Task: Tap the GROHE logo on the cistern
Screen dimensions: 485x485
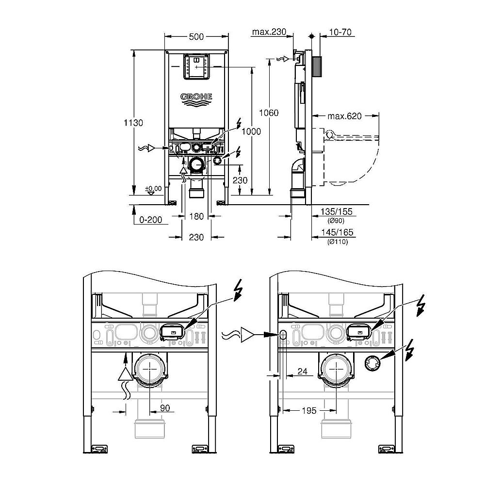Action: pyautogui.click(x=196, y=97)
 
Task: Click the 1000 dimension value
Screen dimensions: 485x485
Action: pyautogui.click(x=252, y=131)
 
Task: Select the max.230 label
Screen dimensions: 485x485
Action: pyautogui.click(x=269, y=32)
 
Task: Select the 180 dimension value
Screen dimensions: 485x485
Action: pyautogui.click(x=196, y=217)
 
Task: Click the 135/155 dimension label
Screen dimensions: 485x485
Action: pyautogui.click(x=337, y=211)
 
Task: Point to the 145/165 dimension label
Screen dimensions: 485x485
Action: pyautogui.click(x=337, y=233)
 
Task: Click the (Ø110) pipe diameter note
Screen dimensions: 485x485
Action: pyautogui.click(x=337, y=242)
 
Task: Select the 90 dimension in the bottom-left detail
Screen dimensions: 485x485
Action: pyautogui.click(x=165, y=408)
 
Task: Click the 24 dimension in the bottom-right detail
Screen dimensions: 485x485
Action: pyautogui.click(x=303, y=372)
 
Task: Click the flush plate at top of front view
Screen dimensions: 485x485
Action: pyautogui.click(x=196, y=67)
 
